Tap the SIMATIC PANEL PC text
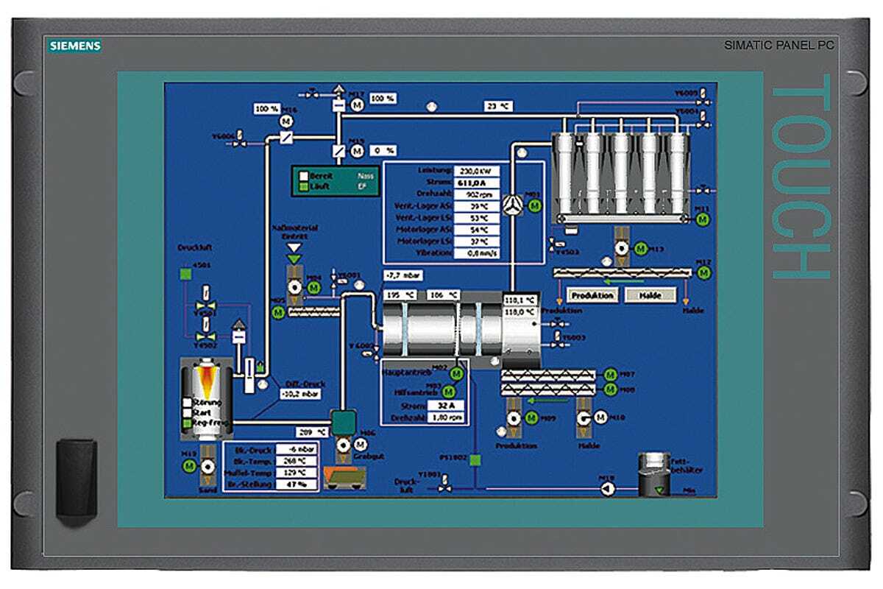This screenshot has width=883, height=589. [778, 46]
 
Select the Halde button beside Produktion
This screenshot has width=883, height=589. [650, 295]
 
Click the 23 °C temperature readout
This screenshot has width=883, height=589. [497, 106]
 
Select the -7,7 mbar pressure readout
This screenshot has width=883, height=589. [402, 275]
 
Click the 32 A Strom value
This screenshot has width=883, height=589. [447, 405]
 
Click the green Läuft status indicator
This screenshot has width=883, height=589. [303, 187]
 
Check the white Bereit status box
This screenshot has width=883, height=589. [303, 176]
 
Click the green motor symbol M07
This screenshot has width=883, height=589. [610, 375]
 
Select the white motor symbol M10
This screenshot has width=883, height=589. [601, 417]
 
